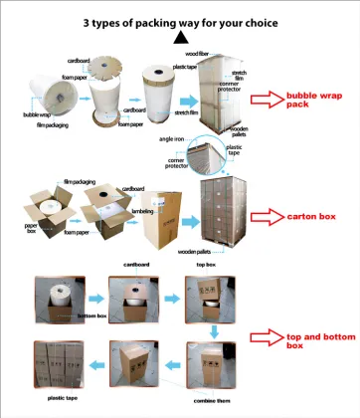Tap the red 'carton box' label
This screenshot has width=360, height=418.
[317, 215]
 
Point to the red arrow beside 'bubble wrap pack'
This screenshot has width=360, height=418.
[266, 100]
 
